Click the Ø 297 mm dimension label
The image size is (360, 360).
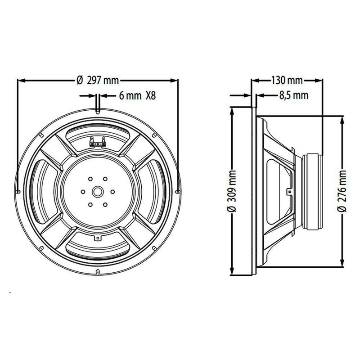pos(98,81)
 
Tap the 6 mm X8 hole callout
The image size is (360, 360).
pos(137,95)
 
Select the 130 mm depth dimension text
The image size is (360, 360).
pos(287,81)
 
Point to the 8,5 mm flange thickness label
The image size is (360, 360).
pos(294,95)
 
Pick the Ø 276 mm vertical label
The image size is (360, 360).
pos(342,191)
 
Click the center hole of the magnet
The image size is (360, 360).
pos(98,191)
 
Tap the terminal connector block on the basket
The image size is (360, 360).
pos(98,142)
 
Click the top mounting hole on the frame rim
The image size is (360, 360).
pos(98,112)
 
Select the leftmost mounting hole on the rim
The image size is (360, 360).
pos(18,192)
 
